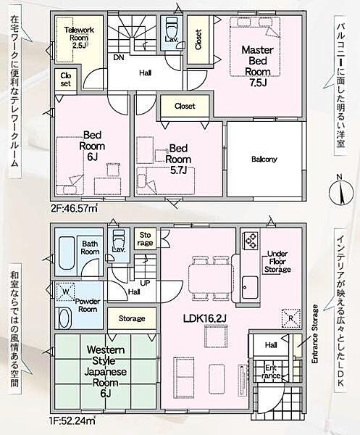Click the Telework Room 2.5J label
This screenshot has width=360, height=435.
[79, 38]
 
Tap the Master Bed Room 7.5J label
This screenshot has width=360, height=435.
[258, 66]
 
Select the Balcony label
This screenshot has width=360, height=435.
[264, 159]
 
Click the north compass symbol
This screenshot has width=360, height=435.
[341, 191]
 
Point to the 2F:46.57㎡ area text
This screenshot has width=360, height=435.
[74, 208]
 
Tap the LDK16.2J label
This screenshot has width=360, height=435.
[205, 318]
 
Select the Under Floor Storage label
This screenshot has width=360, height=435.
[277, 261]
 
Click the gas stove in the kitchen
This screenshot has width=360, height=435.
[251, 241]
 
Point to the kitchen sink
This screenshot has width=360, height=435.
[250, 287]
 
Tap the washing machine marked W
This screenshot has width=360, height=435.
[65, 291]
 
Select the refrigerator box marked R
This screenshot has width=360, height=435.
[290, 318]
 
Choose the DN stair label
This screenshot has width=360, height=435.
[119, 58]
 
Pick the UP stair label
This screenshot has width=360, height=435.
[145, 283]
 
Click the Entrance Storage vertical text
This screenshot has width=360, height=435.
[315, 334]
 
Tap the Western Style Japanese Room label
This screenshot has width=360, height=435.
[106, 371]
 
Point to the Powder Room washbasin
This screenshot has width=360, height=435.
[66, 318]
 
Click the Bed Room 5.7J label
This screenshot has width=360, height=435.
[178, 159]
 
